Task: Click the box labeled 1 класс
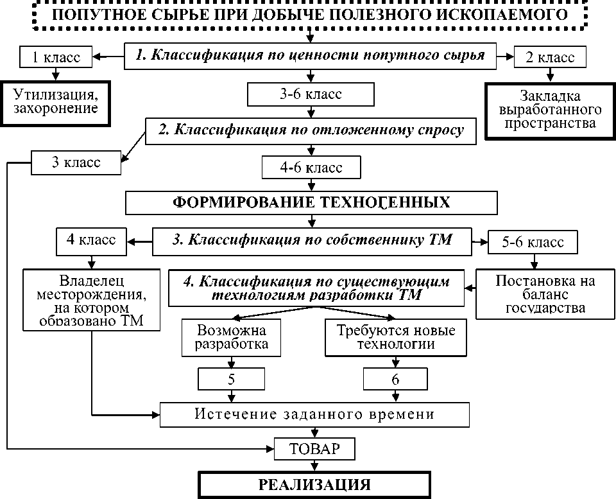(56, 57)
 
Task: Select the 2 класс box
(550, 57)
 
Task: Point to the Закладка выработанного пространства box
(550, 110)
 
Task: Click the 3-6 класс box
(311, 94)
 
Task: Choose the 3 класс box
(76, 162)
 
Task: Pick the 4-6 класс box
(311, 168)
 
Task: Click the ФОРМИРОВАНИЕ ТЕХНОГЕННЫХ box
(311, 202)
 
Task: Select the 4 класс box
(91, 240)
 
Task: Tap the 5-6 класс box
(534, 242)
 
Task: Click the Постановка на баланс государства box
(545, 293)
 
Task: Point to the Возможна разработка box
(232, 337)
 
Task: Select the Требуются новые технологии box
(395, 337)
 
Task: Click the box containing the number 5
(231, 379)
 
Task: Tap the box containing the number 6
(395, 379)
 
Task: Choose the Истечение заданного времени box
(314, 414)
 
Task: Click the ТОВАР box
(314, 448)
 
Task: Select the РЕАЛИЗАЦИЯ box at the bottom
(314, 485)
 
